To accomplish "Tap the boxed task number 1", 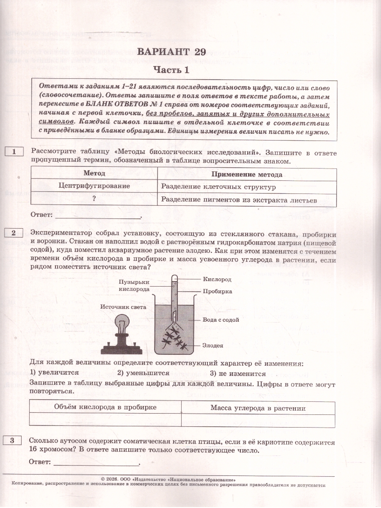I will [x=14, y=152].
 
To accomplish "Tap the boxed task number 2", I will [x=14, y=233].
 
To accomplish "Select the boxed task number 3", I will [x=14, y=441].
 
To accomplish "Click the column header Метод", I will [x=94, y=174].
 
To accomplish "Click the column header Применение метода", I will [x=247, y=174].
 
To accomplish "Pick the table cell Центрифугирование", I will [x=94, y=186].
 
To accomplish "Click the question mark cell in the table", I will [x=94, y=199].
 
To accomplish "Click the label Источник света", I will [x=123, y=307].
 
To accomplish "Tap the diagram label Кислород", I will [x=217, y=280].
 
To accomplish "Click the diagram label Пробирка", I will [x=217, y=291].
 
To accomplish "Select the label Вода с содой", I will [x=221, y=320].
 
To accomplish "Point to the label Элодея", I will [x=213, y=345].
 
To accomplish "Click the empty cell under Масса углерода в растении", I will [x=258, y=420].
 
